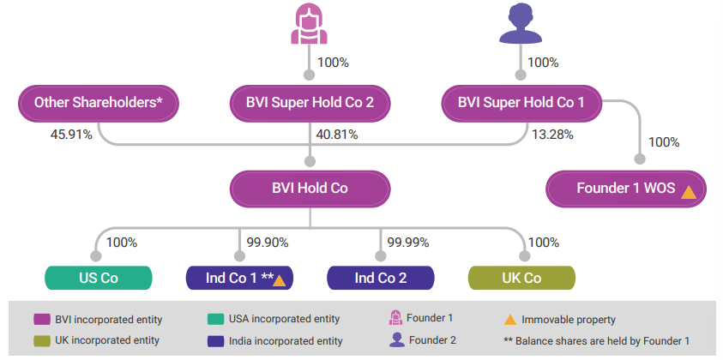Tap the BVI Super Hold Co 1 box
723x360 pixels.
pos(521,103)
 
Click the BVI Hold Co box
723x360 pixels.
pos(310,188)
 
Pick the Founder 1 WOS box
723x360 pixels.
pos(627,188)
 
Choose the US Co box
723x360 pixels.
pos(98,278)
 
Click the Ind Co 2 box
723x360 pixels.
pos(380,278)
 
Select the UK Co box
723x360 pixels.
pos(521,278)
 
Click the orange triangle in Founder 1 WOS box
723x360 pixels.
pos(688,189)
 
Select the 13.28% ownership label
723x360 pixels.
pos(552,135)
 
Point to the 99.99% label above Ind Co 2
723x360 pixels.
pos(408,243)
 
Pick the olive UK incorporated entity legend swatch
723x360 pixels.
pos(40,341)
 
